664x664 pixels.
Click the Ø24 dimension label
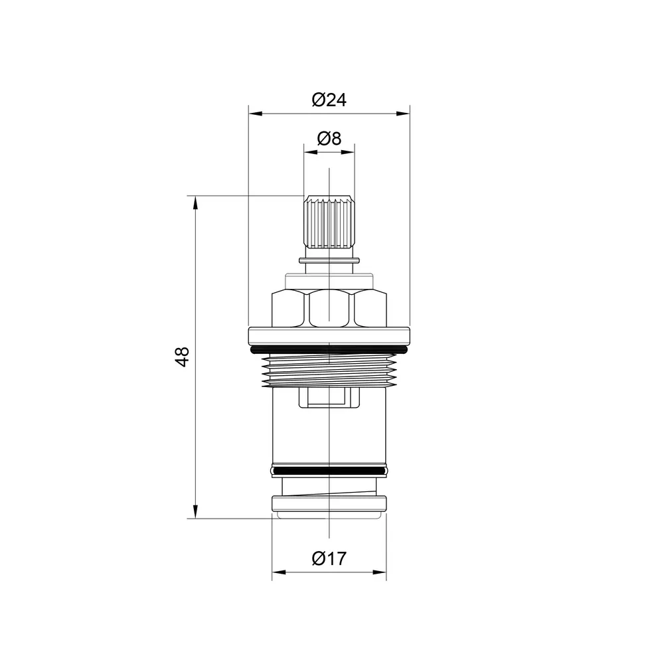[329, 100]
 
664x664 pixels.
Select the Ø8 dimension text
[329, 138]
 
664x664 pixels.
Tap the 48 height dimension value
[183, 357]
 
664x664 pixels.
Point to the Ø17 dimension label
[329, 558]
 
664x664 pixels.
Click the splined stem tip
[329, 222]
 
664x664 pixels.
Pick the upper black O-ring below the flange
[329, 350]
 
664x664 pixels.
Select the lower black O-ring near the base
[329, 471]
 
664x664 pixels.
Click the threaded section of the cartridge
[329, 371]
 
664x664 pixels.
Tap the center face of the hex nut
[329, 308]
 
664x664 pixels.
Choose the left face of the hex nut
[290, 308]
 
